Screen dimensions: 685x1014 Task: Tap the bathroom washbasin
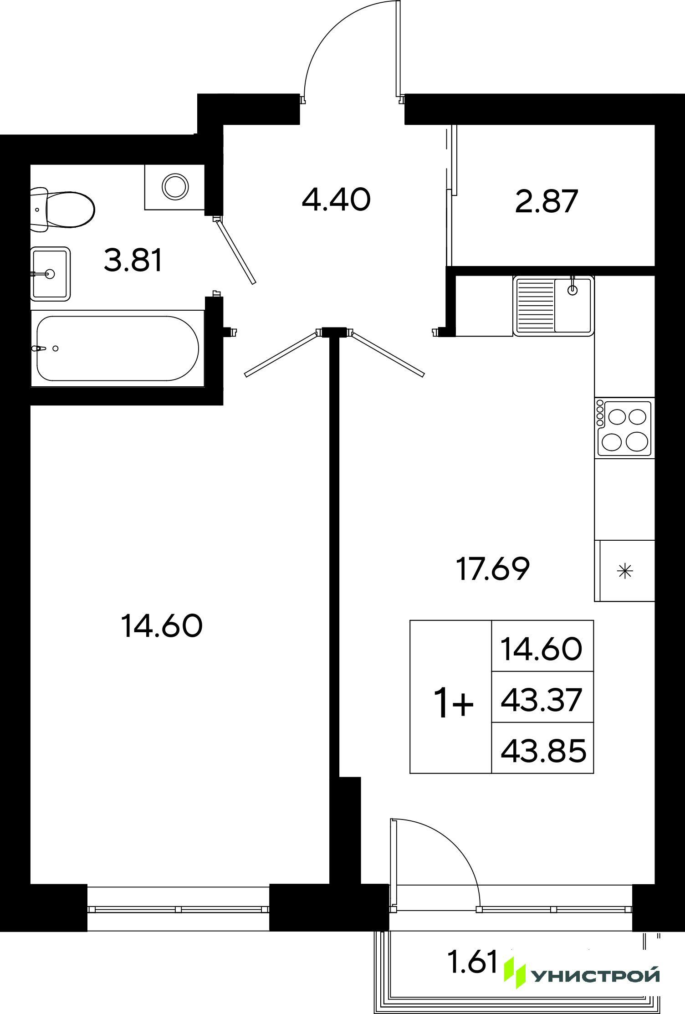(x=50, y=274)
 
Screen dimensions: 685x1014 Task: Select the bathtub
(x=118, y=348)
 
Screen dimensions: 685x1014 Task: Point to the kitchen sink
(x=554, y=306)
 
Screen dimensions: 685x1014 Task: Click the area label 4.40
(x=336, y=200)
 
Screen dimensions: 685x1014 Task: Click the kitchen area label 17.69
(x=493, y=569)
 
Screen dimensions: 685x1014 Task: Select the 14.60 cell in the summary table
(x=542, y=649)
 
